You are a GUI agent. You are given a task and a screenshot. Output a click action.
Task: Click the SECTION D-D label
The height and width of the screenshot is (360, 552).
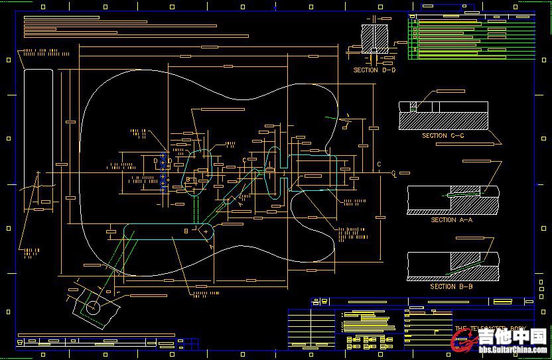pyautogui.click(x=374, y=70)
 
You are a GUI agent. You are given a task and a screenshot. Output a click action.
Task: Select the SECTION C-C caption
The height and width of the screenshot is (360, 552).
pyautogui.click(x=443, y=135)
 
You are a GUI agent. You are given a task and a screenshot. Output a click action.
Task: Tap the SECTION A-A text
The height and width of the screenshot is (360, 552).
pyautogui.click(x=452, y=219)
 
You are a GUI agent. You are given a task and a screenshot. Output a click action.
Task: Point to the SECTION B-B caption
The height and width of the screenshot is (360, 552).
pyautogui.click(x=451, y=286)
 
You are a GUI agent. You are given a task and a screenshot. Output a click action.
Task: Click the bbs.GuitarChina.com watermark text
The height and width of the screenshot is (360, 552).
pyautogui.click(x=510, y=352)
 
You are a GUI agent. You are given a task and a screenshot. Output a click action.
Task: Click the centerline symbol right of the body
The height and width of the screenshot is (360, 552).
pyautogui.click(x=394, y=173)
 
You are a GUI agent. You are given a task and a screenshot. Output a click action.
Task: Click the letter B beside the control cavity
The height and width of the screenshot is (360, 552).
pyautogui.click(x=186, y=230)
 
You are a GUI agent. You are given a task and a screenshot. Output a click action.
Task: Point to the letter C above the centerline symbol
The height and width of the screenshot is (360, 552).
pyautogui.click(x=379, y=164)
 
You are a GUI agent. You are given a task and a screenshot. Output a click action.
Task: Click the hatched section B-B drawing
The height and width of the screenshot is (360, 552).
pyautogui.click(x=453, y=267)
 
